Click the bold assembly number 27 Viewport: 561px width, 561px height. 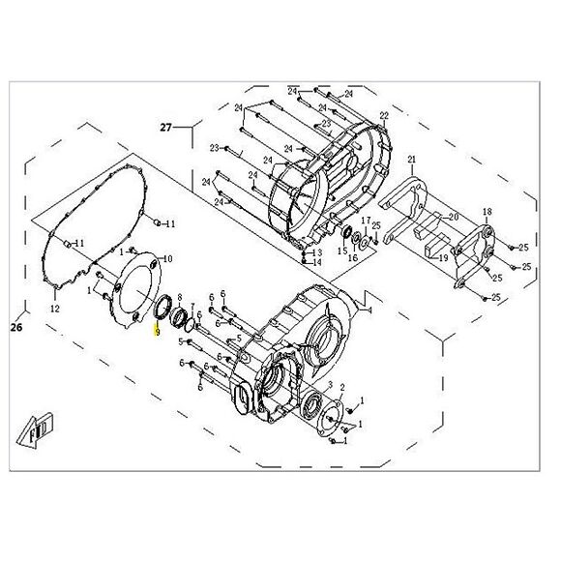165,127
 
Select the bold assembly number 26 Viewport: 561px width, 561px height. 15,327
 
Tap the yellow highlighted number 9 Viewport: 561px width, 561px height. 156,331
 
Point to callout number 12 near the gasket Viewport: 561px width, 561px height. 55,309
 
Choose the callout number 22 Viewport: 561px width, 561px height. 384,116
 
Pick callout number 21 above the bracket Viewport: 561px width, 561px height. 411,159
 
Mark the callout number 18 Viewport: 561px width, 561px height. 487,211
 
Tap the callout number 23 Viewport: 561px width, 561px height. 216,148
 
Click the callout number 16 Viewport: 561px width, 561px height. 353,258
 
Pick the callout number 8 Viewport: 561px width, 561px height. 178,280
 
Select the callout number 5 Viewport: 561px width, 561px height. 179,341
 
